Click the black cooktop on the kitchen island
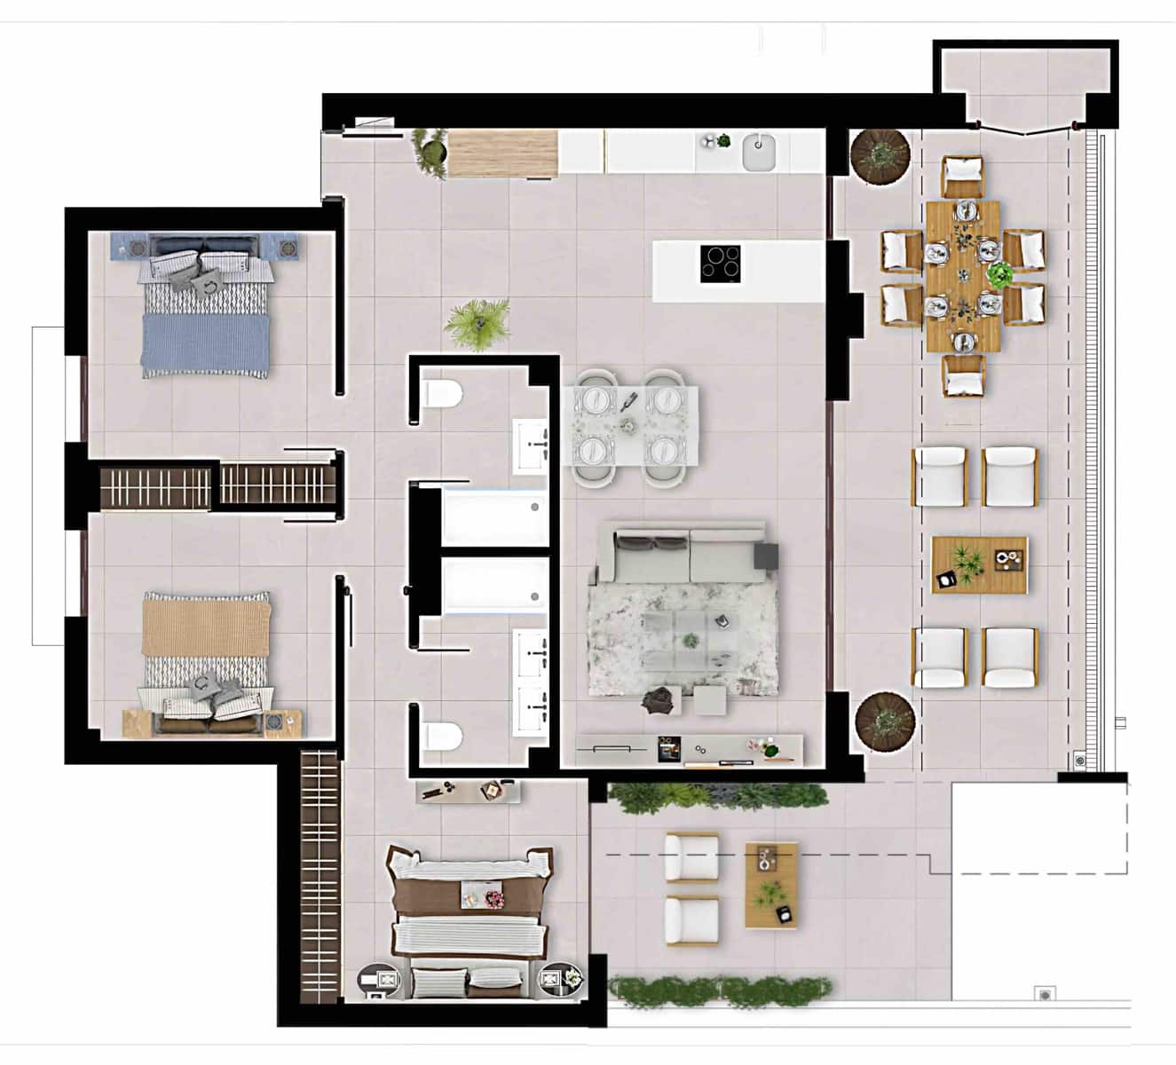[x=720, y=263]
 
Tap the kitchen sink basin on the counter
[x=759, y=151]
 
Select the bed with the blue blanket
[x=206, y=306]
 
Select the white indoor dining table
[x=630, y=425]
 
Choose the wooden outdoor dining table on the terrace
[x=963, y=277]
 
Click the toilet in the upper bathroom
[x=440, y=393]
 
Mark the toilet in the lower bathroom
[x=440, y=735]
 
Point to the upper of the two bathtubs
[x=493, y=517]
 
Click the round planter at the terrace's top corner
[x=880, y=155]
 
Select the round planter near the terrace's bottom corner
[x=884, y=721]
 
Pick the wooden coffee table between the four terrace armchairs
[x=980, y=564]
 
